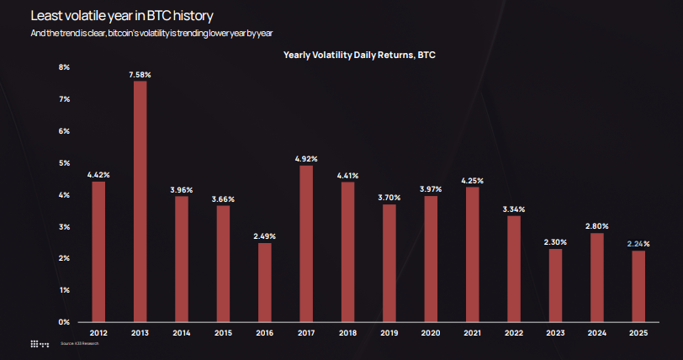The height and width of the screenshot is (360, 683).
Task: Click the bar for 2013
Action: [140, 201]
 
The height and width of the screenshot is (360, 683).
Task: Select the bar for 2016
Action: [264, 282]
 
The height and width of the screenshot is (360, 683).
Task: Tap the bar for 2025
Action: [638, 286]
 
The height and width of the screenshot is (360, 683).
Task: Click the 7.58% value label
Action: [140, 75]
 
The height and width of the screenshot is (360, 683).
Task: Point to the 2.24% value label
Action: [638, 244]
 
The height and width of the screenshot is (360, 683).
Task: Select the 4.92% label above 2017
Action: [306, 158]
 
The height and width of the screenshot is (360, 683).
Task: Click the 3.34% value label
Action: [513, 209]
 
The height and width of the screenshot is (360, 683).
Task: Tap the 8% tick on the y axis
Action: [64, 66]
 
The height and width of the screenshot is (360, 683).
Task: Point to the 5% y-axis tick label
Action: [64, 162]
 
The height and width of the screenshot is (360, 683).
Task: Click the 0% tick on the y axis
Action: [64, 321]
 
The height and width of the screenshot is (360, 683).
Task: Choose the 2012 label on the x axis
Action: [98, 333]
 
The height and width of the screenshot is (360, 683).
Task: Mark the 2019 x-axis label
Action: [389, 333]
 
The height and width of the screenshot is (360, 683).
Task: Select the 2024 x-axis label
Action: [596, 333]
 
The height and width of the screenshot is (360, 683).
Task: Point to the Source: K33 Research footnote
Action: [80, 344]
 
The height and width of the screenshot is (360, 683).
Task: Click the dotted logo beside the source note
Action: [40, 344]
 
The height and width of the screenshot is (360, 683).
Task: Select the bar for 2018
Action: [347, 251]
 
